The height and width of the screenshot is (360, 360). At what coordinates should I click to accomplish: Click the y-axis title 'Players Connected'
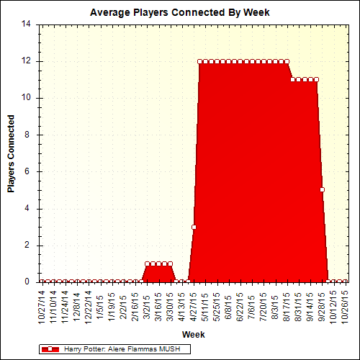coord(12,153)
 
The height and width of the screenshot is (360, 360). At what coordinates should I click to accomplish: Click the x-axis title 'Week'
coord(193,335)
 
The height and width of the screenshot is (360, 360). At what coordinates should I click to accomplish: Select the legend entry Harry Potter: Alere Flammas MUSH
coord(125,348)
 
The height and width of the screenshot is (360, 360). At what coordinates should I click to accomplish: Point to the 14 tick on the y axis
coord(26,24)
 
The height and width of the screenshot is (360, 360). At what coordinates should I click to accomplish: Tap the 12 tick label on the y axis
coord(26,61)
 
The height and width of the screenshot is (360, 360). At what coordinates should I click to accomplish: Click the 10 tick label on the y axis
coord(26,98)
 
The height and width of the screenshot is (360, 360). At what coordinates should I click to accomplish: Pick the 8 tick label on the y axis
coord(29,135)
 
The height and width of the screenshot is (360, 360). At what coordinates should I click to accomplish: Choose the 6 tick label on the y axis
coord(29,171)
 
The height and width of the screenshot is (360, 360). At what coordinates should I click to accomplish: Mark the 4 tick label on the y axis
coord(29,209)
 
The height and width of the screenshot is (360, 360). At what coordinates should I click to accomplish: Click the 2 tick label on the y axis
coord(29,246)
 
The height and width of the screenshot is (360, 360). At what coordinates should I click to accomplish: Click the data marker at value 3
coord(194,227)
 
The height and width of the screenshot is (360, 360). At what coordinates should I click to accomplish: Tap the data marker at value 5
coord(323,190)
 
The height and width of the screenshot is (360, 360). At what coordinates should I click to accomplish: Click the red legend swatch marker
coord(50,348)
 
